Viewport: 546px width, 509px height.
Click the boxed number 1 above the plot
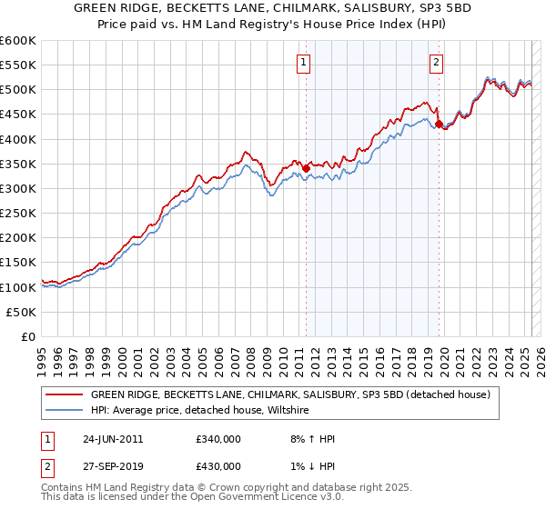tap(303, 63)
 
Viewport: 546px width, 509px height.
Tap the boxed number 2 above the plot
tap(437, 63)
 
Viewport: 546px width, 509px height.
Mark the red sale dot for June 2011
tap(307, 168)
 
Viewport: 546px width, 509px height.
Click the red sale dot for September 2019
tap(440, 125)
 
